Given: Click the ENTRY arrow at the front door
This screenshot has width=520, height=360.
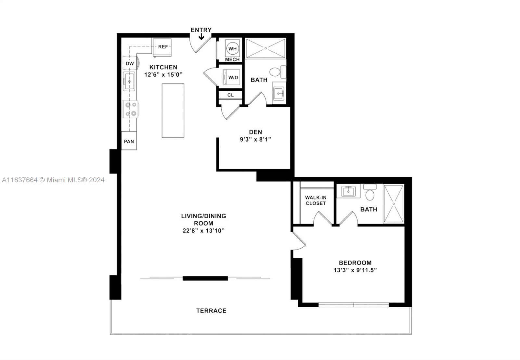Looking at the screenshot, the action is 201,36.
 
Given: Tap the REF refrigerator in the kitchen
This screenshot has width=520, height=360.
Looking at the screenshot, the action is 162,47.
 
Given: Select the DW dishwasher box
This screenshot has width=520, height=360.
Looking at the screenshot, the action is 130,63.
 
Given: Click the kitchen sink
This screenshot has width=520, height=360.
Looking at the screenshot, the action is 129,81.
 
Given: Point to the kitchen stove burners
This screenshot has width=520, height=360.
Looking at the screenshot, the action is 131,109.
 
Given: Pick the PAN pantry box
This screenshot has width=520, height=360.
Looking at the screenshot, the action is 129,141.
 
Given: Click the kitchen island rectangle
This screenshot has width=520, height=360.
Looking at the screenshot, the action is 173,111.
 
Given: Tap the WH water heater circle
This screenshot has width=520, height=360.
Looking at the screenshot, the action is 232,48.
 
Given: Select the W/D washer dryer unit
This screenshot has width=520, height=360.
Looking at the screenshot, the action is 231,77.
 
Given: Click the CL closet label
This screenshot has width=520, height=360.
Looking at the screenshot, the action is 230,95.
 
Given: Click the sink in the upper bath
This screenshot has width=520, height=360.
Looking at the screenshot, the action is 279,94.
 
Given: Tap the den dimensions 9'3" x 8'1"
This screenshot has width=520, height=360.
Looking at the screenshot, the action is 255,139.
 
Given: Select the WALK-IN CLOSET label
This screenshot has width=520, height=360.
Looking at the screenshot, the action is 316,200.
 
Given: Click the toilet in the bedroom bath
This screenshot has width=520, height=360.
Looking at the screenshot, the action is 370,192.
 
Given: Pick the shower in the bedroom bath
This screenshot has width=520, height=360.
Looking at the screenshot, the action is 394,204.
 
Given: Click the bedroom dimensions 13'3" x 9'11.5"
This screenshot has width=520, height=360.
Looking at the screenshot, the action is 355,270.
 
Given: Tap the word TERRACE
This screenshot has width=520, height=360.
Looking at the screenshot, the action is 211,311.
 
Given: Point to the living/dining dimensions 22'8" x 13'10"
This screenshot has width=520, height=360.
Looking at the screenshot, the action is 203,231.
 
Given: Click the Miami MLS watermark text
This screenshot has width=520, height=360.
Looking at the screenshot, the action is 53,180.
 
